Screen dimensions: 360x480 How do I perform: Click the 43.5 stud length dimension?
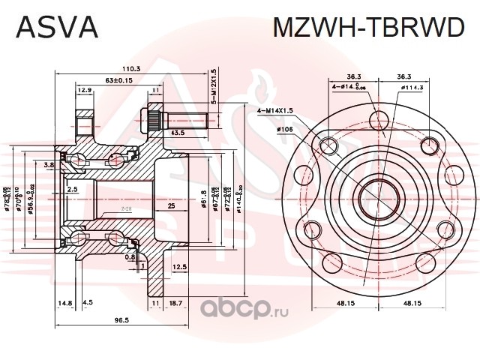(179, 132)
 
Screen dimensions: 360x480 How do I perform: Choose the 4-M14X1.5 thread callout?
(275, 111)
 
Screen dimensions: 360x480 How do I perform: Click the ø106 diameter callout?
(286, 128)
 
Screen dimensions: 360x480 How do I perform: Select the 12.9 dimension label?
(84, 90)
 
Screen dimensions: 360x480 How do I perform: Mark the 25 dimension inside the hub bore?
(171, 205)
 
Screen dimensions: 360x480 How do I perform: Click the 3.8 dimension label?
(49, 164)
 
